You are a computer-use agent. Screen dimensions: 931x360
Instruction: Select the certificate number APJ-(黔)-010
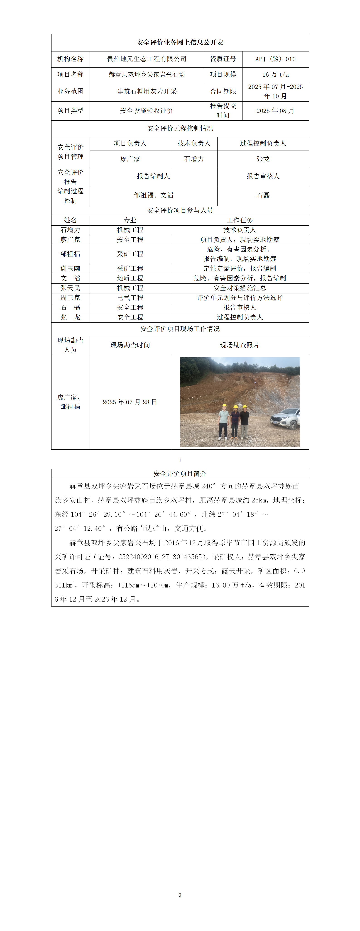click(x=275, y=59)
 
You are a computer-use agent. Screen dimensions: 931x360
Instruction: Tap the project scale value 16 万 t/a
click(x=275, y=74)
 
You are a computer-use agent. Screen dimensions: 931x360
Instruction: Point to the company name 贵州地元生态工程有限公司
click(x=147, y=59)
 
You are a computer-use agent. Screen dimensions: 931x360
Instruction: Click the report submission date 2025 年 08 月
click(x=275, y=111)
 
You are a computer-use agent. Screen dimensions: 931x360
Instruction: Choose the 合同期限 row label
click(x=223, y=91)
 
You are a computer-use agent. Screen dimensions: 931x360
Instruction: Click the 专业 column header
click(x=130, y=220)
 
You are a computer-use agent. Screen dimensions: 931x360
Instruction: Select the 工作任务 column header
click(x=240, y=220)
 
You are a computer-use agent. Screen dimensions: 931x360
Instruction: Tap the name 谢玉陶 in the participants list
click(x=71, y=268)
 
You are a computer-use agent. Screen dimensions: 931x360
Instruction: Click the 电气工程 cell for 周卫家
click(x=130, y=298)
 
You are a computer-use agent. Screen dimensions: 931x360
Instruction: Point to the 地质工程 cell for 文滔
click(x=130, y=278)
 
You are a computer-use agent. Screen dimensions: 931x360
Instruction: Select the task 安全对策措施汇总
click(x=240, y=288)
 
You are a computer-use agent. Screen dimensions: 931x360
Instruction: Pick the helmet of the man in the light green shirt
click(x=224, y=406)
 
